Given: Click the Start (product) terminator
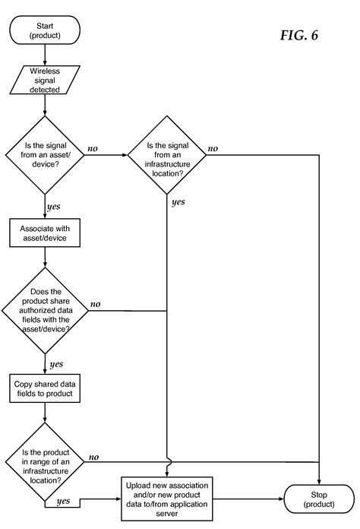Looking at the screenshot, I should click(46, 30).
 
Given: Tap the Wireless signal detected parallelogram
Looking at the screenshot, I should click(46, 80).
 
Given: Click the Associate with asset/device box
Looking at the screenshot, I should click(46, 232).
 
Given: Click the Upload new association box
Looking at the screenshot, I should click(165, 498).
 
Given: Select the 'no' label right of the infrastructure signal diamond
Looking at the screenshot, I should click(213, 148).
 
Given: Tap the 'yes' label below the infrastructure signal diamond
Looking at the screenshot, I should click(178, 201).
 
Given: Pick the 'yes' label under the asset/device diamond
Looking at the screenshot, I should click(55, 206).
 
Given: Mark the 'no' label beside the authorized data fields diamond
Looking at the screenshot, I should click(95, 304).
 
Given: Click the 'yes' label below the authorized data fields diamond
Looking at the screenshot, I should click(55, 364).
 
